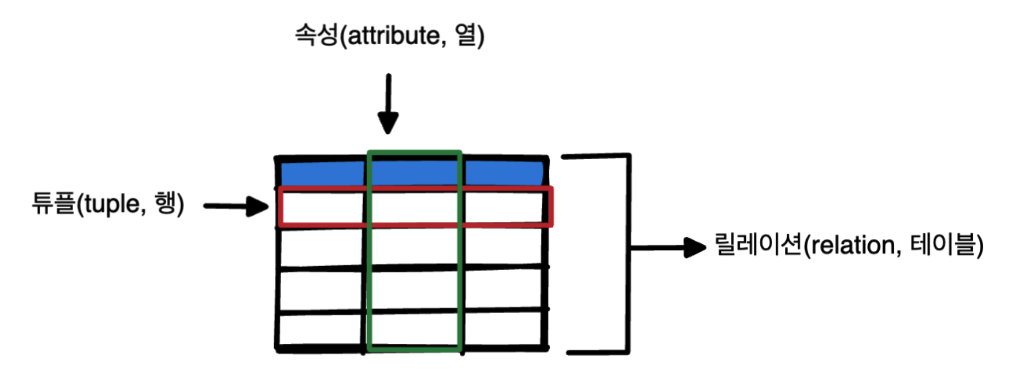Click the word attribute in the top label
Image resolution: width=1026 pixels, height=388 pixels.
coord(393,36)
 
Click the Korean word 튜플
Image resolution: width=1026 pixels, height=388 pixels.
coord(53,203)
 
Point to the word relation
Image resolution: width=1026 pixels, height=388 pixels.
coord(852,246)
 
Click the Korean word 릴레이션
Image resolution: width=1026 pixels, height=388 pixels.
coord(758,245)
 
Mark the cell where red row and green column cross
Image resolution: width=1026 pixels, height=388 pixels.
coord(414,207)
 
